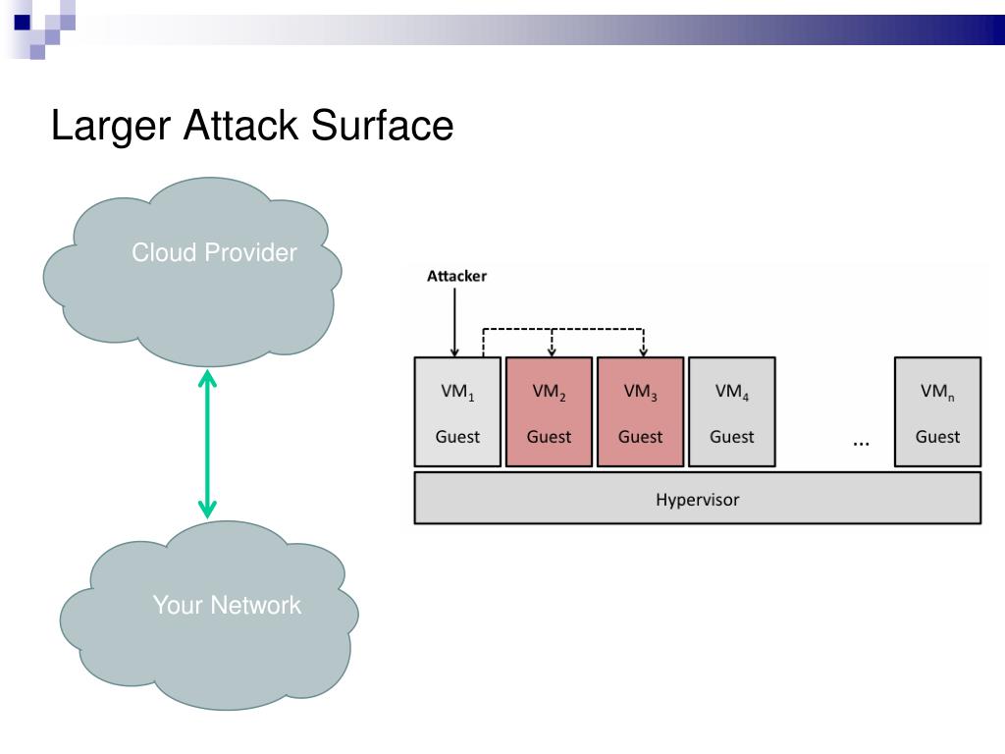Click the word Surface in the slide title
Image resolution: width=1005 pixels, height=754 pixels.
pyautogui.click(x=382, y=125)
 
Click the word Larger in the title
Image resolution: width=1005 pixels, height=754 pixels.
pyautogui.click(x=111, y=127)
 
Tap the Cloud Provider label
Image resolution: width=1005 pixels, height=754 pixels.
pyautogui.click(x=214, y=252)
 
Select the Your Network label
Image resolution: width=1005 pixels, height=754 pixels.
pyautogui.click(x=227, y=605)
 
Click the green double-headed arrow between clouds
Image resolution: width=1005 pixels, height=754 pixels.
pyautogui.click(x=207, y=444)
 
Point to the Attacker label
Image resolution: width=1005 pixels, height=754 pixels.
pyautogui.click(x=456, y=276)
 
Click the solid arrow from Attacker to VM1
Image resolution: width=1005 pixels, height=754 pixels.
pyautogui.click(x=454, y=322)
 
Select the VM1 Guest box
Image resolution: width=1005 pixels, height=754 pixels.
pyautogui.click(x=457, y=411)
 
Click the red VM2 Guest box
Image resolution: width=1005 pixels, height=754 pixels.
pyautogui.click(x=550, y=411)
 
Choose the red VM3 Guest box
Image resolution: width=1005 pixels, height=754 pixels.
pyautogui.click(x=640, y=411)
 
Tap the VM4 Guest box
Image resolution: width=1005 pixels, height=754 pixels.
pyautogui.click(x=732, y=411)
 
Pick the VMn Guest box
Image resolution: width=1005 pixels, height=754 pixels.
pyautogui.click(x=937, y=411)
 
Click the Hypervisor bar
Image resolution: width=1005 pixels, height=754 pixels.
pyautogui.click(x=698, y=498)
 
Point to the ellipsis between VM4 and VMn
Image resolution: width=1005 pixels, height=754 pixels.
pyautogui.click(x=862, y=443)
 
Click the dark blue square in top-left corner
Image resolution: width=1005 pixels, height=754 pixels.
pyautogui.click(x=23, y=23)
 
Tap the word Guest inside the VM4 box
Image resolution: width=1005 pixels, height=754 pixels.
pyautogui.click(x=732, y=437)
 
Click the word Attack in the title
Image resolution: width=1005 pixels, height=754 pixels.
pyautogui.click(x=241, y=125)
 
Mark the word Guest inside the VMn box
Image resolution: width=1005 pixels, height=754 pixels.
pyautogui.click(x=937, y=437)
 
